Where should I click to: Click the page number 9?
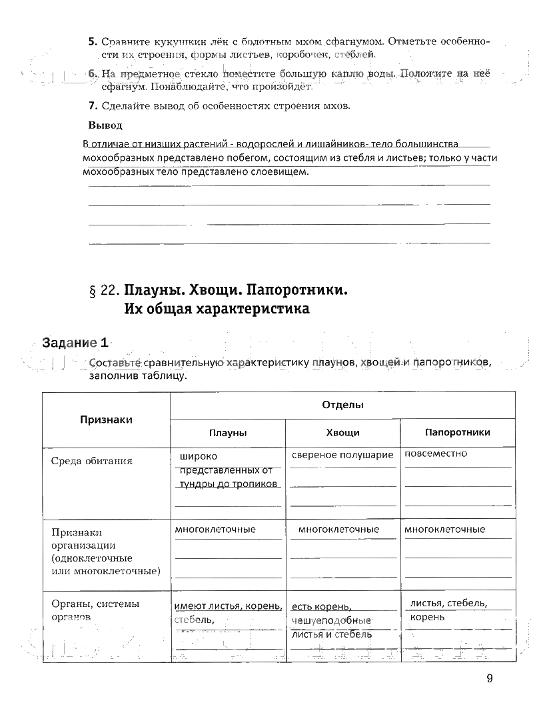click(490, 678)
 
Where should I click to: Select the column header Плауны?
click(228, 432)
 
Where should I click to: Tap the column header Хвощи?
click(342, 432)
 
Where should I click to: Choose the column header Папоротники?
click(457, 432)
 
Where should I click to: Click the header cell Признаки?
click(106, 420)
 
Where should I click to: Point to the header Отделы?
click(342, 405)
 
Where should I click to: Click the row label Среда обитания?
click(92, 461)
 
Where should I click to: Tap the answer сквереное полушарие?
click(342, 454)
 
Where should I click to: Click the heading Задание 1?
click(75, 343)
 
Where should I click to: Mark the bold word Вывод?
click(105, 125)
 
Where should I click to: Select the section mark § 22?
click(103, 291)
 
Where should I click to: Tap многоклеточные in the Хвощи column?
click(338, 530)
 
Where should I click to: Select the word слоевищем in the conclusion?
click(282, 171)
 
